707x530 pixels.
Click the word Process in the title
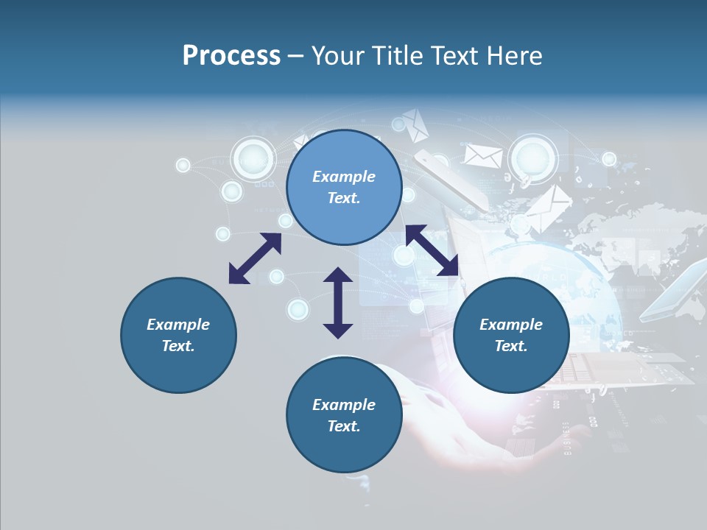point(231,56)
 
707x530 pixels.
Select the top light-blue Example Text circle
point(344,187)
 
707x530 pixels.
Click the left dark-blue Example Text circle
point(178,335)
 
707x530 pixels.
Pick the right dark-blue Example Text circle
point(511,335)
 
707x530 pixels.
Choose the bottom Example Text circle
point(344,415)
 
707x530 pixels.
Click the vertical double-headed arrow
point(338,303)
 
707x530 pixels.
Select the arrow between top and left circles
point(255,258)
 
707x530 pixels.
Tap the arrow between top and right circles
point(432,250)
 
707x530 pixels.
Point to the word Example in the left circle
point(178,325)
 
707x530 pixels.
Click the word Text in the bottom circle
point(344,426)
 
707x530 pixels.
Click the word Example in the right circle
point(511,325)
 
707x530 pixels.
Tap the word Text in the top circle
point(344,198)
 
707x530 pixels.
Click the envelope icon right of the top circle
point(483,155)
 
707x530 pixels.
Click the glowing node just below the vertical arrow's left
point(298,310)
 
